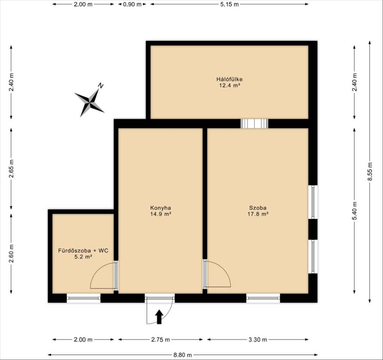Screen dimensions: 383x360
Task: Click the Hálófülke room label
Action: coord(229,79)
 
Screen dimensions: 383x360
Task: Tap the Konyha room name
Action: coord(160,208)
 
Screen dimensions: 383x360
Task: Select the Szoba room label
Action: coord(258,208)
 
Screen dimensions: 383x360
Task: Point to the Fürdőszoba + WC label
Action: coord(83,251)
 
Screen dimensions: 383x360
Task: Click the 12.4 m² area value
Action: coord(229,85)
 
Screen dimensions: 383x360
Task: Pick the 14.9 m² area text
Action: coord(160,214)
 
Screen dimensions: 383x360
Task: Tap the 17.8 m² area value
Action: coord(258,214)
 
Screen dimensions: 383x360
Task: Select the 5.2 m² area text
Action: coord(83,257)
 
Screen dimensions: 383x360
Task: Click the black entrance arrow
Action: coord(159,317)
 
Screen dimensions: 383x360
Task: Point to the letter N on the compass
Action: coord(101,85)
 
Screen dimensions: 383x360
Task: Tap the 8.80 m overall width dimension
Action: coord(183,355)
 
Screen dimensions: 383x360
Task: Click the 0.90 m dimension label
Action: coord(132,4)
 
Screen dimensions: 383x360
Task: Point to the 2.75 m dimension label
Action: coord(160,339)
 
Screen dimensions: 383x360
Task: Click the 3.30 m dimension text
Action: coord(258,339)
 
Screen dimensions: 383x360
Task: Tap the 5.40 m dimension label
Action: coord(355,211)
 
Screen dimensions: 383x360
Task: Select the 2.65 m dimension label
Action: coord(12,168)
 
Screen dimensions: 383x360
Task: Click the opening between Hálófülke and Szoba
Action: coord(254,123)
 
